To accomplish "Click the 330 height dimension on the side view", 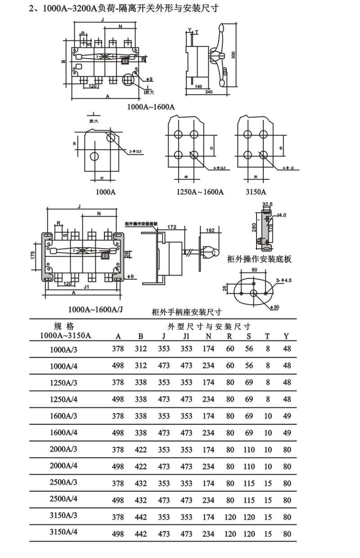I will pos(233,55).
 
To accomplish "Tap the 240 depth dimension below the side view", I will pos(208,92).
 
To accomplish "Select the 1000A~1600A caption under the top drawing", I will pos(151,107).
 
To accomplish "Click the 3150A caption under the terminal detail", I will pos(255,192).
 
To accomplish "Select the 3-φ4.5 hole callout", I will pos(284,280).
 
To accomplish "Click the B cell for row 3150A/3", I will pos(141,517).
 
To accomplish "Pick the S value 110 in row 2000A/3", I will pos(249,449).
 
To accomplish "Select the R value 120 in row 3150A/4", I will pos(230,534).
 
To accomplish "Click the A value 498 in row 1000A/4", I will pos(118,365).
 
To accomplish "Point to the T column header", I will pos(268,336).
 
